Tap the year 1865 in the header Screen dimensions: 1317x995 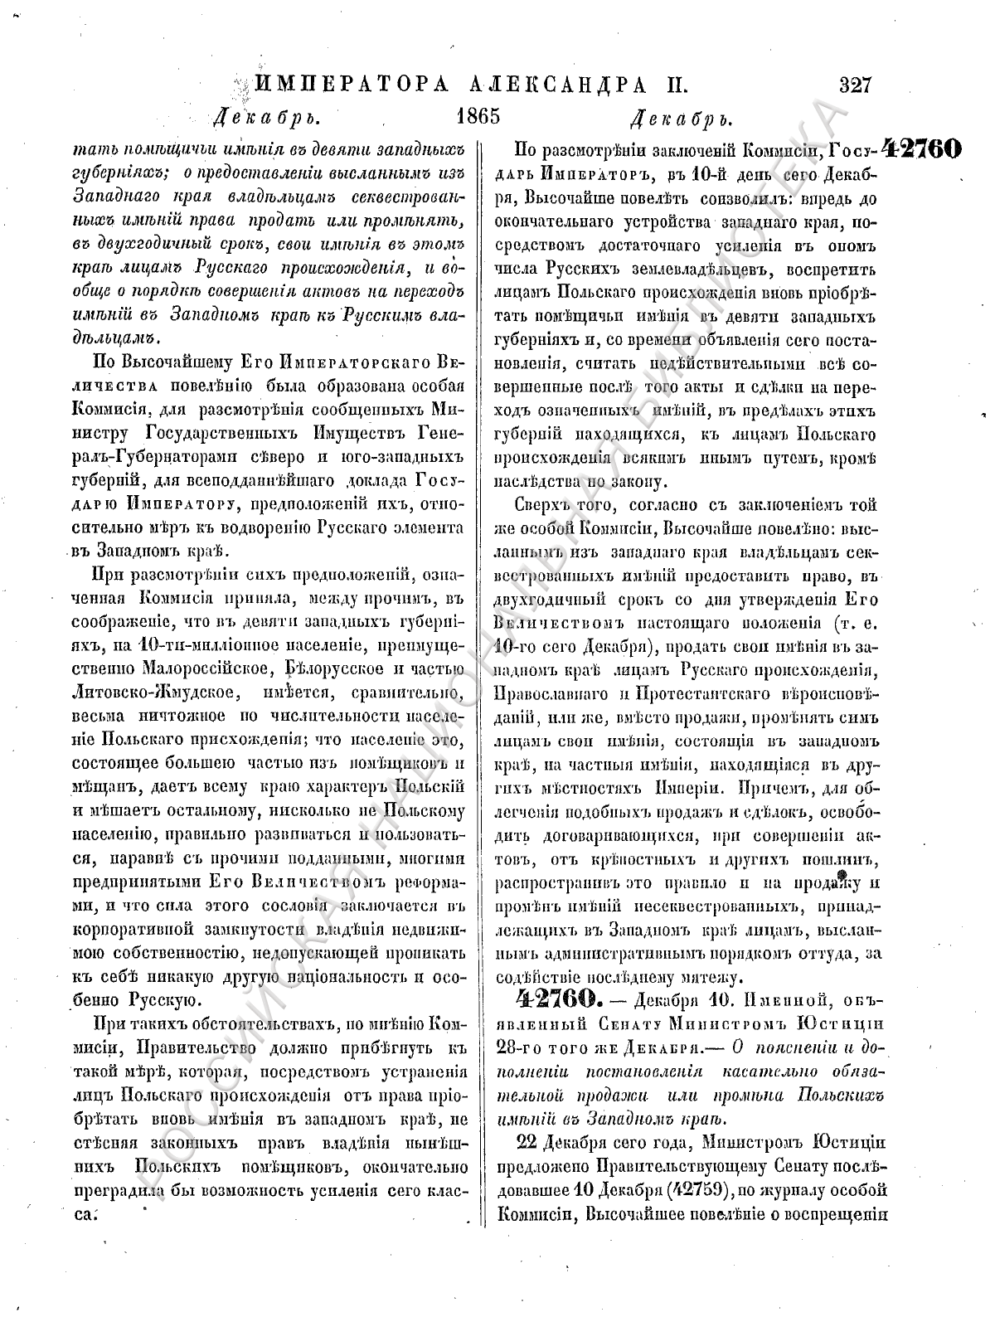pos(478,115)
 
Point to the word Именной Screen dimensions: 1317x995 pos(776,998)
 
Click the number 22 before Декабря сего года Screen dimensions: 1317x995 pos(527,1142)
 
